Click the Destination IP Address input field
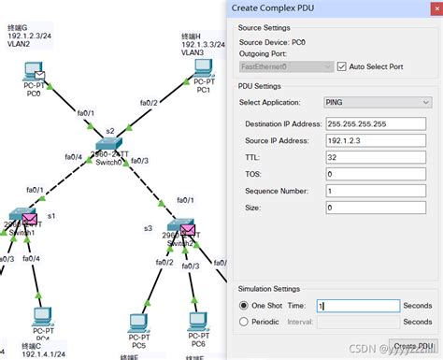tap(378, 122)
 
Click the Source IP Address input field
tap(378, 139)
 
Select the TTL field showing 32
tap(378, 157)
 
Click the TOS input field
tap(378, 174)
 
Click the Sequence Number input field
tap(378, 191)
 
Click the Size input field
tap(378, 208)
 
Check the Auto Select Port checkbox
tap(341, 66)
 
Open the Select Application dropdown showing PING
tap(378, 101)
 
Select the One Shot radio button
tap(245, 306)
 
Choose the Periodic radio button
tap(245, 322)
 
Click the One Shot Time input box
tap(356, 306)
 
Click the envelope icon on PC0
tap(38, 70)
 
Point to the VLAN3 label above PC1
tap(193, 53)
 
